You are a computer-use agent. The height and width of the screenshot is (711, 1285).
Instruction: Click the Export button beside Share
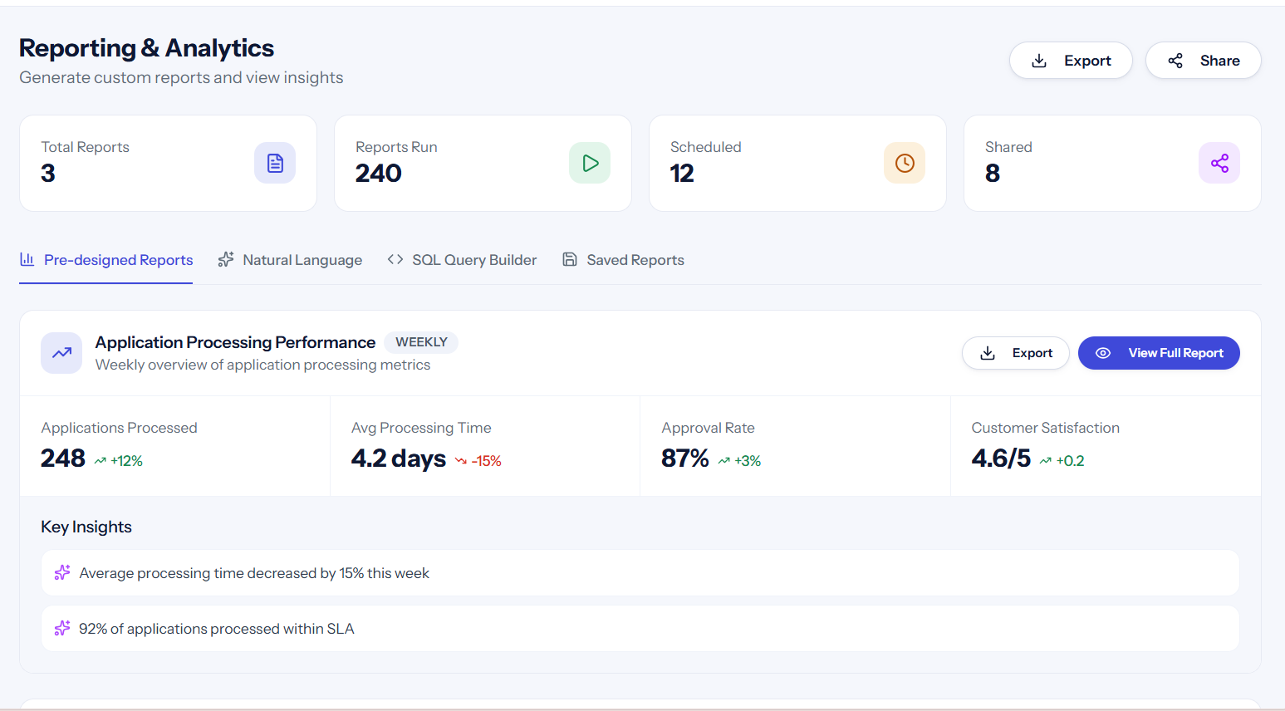pos(1071,61)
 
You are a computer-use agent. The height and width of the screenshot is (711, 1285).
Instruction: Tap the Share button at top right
pos(1203,61)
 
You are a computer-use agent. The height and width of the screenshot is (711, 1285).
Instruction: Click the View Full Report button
pos(1159,353)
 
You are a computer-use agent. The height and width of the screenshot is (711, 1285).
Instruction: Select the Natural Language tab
pos(290,260)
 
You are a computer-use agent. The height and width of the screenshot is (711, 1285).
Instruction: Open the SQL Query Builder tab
pos(462,260)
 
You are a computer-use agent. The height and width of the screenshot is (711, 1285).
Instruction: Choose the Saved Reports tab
pos(623,260)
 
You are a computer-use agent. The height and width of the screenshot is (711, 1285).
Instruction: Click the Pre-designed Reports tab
pos(106,260)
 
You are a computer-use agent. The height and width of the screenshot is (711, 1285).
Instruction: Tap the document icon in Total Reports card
pos(275,163)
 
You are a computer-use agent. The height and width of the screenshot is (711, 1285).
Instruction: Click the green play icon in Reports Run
pos(590,163)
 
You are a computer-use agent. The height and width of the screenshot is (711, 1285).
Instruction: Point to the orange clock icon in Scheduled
pos(905,163)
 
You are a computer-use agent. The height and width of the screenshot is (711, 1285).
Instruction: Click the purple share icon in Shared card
pos(1219,163)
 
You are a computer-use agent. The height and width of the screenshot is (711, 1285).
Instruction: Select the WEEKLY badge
pos(421,342)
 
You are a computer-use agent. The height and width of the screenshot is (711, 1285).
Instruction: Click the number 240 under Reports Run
pos(378,174)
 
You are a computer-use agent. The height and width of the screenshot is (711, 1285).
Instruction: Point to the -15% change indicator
pos(478,461)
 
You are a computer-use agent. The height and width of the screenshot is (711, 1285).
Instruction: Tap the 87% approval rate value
pos(685,458)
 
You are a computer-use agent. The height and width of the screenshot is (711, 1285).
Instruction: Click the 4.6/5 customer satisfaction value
pos(1001,458)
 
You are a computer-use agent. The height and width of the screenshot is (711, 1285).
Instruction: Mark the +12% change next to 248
pos(119,461)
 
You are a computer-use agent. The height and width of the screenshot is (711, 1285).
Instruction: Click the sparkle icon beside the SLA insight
pos(62,629)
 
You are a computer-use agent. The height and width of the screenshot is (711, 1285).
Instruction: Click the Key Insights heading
pos(86,527)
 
